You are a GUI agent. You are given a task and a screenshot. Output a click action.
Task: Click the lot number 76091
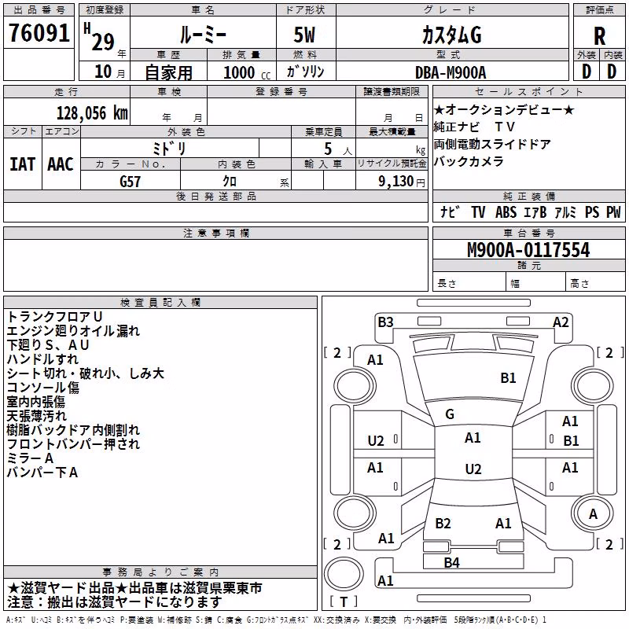39,33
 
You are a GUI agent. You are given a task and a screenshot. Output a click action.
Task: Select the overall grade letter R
599,36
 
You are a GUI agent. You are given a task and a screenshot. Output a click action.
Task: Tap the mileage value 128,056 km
92,113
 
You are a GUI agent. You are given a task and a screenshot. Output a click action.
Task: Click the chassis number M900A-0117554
528,250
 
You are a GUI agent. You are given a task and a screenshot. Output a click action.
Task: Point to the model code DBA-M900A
451,72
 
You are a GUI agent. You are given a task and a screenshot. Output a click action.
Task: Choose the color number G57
130,182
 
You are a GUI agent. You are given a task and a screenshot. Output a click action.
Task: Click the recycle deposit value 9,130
396,182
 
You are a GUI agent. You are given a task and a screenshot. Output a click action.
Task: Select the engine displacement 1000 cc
247,72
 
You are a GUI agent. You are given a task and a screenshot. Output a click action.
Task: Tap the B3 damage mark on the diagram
385,322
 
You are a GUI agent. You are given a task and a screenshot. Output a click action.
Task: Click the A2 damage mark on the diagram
561,322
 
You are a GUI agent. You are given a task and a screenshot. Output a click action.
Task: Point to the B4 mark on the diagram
451,563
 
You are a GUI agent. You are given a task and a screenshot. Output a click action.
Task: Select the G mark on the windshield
450,414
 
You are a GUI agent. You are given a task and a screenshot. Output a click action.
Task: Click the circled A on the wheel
593,513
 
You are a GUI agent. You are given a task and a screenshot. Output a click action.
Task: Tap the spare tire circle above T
344,574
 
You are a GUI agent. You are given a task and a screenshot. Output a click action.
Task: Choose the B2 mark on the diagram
443,524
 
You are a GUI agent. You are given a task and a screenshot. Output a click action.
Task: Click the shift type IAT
22,164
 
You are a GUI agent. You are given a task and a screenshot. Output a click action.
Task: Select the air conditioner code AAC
61,164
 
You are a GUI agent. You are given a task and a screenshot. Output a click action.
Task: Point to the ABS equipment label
506,212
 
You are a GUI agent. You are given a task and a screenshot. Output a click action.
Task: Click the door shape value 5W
304,35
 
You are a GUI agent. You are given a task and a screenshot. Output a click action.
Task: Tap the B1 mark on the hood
508,378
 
